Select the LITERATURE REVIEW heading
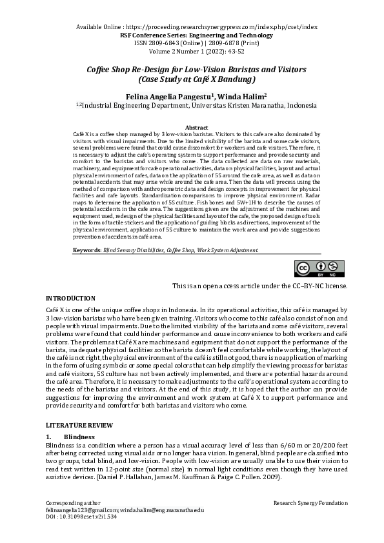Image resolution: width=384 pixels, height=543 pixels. pyautogui.click(x=79, y=426)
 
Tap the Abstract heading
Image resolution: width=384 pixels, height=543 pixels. pyautogui.click(x=196, y=128)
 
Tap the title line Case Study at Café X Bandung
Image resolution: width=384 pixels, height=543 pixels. pyautogui.click(x=197, y=79)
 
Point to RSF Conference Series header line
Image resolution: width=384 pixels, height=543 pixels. pyautogui.click(x=197, y=35)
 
